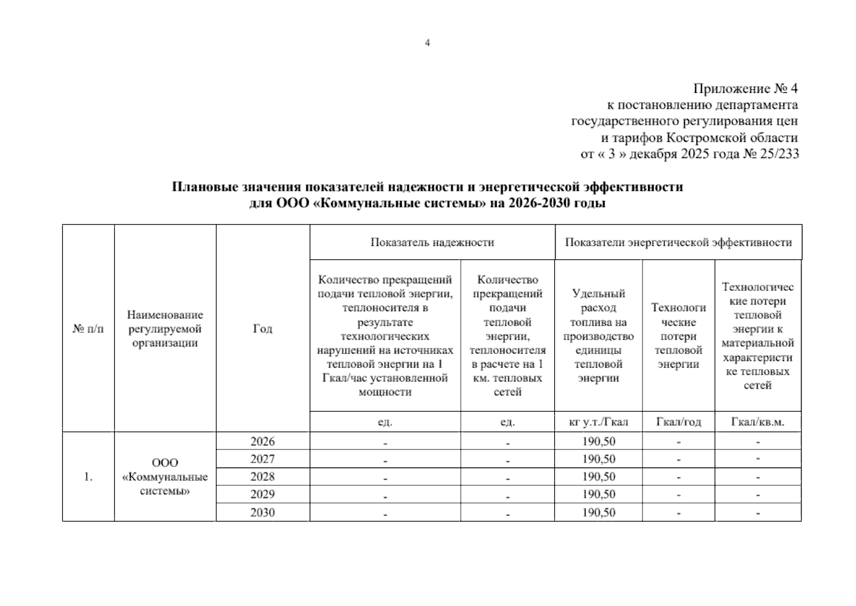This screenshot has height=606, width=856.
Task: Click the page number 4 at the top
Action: coord(427,43)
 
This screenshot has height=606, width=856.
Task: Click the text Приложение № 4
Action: coord(745,89)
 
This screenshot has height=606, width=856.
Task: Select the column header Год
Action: coord(262,329)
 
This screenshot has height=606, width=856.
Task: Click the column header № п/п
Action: coord(88,329)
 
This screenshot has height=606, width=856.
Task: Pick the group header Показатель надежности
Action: coord(432,242)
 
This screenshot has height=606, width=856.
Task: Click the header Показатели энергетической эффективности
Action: coord(678,242)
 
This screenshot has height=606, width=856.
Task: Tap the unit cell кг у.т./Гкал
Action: coord(598,422)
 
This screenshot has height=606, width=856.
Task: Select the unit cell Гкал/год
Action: coord(678,422)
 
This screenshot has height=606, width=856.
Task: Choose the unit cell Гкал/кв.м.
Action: coord(758,422)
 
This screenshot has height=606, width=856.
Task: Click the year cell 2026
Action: coord(262,441)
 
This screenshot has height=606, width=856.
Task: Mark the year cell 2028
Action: coord(262,477)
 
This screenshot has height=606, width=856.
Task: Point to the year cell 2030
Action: coord(262,513)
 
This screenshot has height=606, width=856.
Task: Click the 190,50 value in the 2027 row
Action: coord(599,459)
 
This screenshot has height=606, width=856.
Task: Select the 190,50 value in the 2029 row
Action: coord(599,494)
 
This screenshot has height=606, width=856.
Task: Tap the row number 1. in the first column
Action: coord(88,477)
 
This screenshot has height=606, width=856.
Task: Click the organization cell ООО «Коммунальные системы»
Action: coord(165,477)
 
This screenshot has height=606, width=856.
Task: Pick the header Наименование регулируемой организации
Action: coord(165,329)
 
